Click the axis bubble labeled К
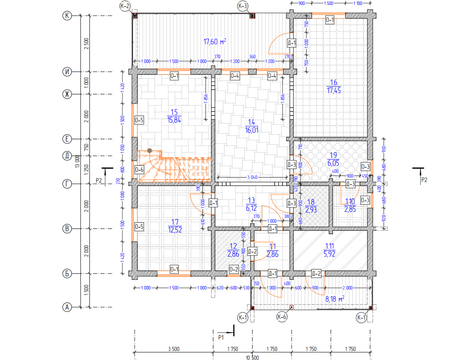[67, 16]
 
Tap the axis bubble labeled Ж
[67, 94]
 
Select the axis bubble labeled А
[67, 307]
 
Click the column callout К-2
[125, 6]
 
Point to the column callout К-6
[282, 317]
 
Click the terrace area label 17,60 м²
[215, 41]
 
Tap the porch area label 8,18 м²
[335, 299]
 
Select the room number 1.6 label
[334, 82]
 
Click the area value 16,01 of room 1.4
[252, 130]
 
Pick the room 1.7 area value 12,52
[175, 230]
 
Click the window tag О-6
[139, 170]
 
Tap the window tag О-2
[234, 269]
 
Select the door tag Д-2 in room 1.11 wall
[316, 274]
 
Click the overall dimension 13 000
[77, 162]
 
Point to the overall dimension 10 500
[252, 357]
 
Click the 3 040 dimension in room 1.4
[252, 177]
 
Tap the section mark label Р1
[221, 337]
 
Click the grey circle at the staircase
[149, 151]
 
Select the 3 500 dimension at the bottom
[174, 349]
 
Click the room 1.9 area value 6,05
[333, 163]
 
